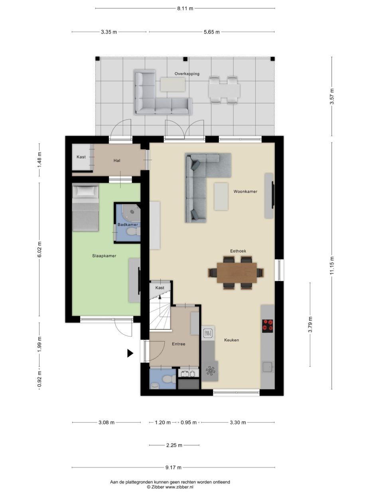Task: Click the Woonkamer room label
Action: pos(245,192)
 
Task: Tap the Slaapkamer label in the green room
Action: pos(104,256)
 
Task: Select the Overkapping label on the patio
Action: pos(187,74)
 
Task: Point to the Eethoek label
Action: pos(238,251)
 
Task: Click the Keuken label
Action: pos(231,340)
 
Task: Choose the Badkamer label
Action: pos(128,225)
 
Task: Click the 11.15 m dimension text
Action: pos(332,265)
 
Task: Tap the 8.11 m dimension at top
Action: pos(185,8)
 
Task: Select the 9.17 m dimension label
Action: pos(173,467)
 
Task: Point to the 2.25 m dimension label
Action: pos(174,445)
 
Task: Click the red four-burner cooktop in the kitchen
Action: pos(268,326)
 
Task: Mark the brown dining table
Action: pos(237,273)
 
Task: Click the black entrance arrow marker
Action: pos(130,353)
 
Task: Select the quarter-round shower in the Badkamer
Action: pos(131,211)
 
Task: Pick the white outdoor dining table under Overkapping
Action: pos(224,91)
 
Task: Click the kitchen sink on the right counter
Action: pos(268,367)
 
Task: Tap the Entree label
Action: pos(178,344)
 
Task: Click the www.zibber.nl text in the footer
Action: pos(179,487)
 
